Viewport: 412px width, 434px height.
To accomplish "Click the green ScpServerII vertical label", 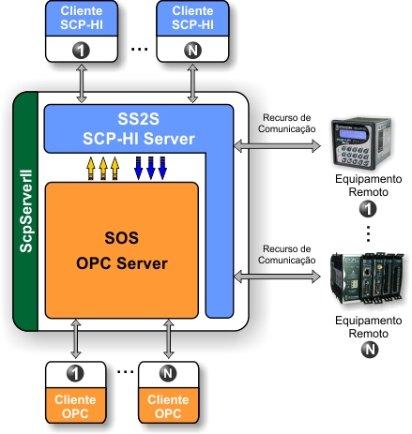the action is pos(26,211).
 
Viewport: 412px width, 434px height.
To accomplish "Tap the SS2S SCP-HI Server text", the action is pos(139,128).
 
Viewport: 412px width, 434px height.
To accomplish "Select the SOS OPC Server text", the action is pos(122,250).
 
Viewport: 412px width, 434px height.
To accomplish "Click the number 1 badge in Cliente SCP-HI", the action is pos(81,51).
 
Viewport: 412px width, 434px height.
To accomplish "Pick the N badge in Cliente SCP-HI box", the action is pos(192,51).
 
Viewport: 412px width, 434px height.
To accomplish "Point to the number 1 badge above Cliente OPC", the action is pos(75,373).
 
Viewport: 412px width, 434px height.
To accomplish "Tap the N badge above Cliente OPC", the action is pos(168,373).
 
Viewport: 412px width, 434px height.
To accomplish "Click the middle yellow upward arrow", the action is pos(103,169).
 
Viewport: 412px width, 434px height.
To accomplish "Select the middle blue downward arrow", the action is pos(150,169).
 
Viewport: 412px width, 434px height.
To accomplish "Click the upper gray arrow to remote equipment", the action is pos(277,146).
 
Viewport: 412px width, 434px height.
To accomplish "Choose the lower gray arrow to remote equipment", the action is pos(277,277).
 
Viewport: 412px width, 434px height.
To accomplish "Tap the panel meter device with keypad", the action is pos(361,143).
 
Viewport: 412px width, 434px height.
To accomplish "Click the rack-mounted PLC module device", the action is pos(367,278).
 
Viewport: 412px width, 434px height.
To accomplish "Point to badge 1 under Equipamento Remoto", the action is pos(368,209).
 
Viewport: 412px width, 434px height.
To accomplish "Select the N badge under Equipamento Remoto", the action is pos(370,350).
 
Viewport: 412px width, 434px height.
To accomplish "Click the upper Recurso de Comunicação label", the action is pos(286,124).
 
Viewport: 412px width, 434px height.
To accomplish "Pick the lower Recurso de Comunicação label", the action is pos(286,255).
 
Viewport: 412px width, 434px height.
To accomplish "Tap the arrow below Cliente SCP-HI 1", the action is pos(82,83).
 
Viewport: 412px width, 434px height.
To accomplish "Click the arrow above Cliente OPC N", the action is pos(169,338).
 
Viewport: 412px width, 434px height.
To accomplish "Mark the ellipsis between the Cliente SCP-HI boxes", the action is pos(139,49).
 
